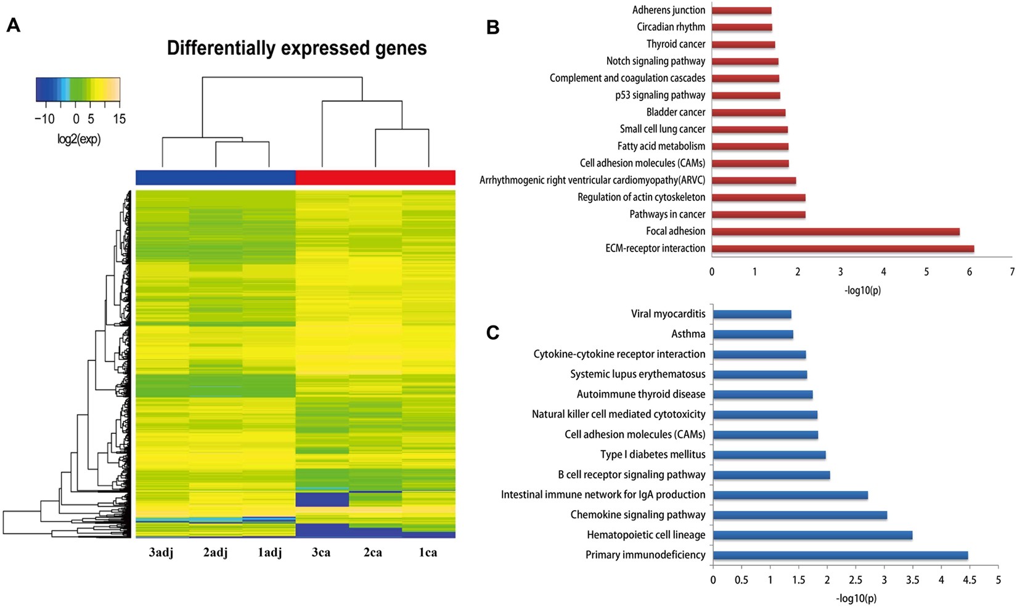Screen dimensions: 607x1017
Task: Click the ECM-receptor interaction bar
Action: pyautogui.click(x=843, y=248)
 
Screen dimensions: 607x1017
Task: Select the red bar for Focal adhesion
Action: pyautogui.click(x=835, y=232)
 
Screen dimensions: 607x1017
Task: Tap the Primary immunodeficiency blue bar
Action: pyautogui.click(x=840, y=555)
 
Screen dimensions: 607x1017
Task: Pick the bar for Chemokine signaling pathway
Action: pyautogui.click(x=799, y=515)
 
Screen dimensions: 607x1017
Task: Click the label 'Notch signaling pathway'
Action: pyautogui.click(x=655, y=61)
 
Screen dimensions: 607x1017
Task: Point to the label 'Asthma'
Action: pyautogui.click(x=688, y=334)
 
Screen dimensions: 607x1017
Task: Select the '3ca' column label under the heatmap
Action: pyautogui.click(x=321, y=553)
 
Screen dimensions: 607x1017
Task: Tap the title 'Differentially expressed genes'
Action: pyautogui.click(x=296, y=48)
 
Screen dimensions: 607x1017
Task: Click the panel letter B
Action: pyautogui.click(x=492, y=27)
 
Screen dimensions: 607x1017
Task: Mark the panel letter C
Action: pyautogui.click(x=492, y=333)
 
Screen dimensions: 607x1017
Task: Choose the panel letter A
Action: pyautogui.click(x=13, y=26)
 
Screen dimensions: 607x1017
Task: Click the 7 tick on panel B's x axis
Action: pyautogui.click(x=1011, y=272)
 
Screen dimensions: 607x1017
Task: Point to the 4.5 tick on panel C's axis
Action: pyautogui.click(x=970, y=580)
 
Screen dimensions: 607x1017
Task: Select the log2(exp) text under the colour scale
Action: pyautogui.click(x=79, y=139)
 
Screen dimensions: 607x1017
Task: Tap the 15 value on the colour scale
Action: pyautogui.click(x=119, y=119)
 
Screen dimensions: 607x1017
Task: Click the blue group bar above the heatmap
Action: pyautogui.click(x=216, y=177)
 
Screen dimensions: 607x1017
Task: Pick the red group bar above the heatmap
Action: pyautogui.click(x=375, y=177)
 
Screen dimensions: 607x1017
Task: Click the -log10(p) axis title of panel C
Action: pyautogui.click(x=856, y=598)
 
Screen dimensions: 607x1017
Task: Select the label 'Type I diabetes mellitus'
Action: pyautogui.click(x=653, y=455)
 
